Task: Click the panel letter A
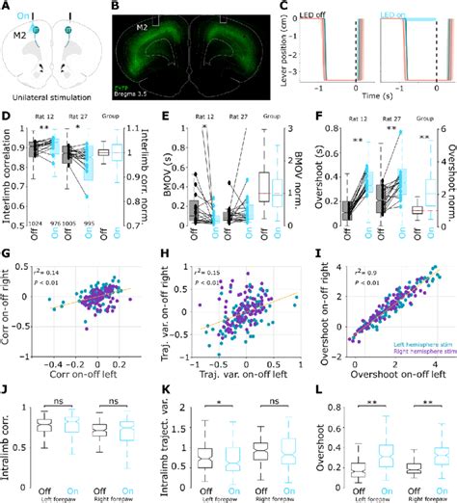point(8,8)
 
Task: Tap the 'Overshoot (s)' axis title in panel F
point(316,175)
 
